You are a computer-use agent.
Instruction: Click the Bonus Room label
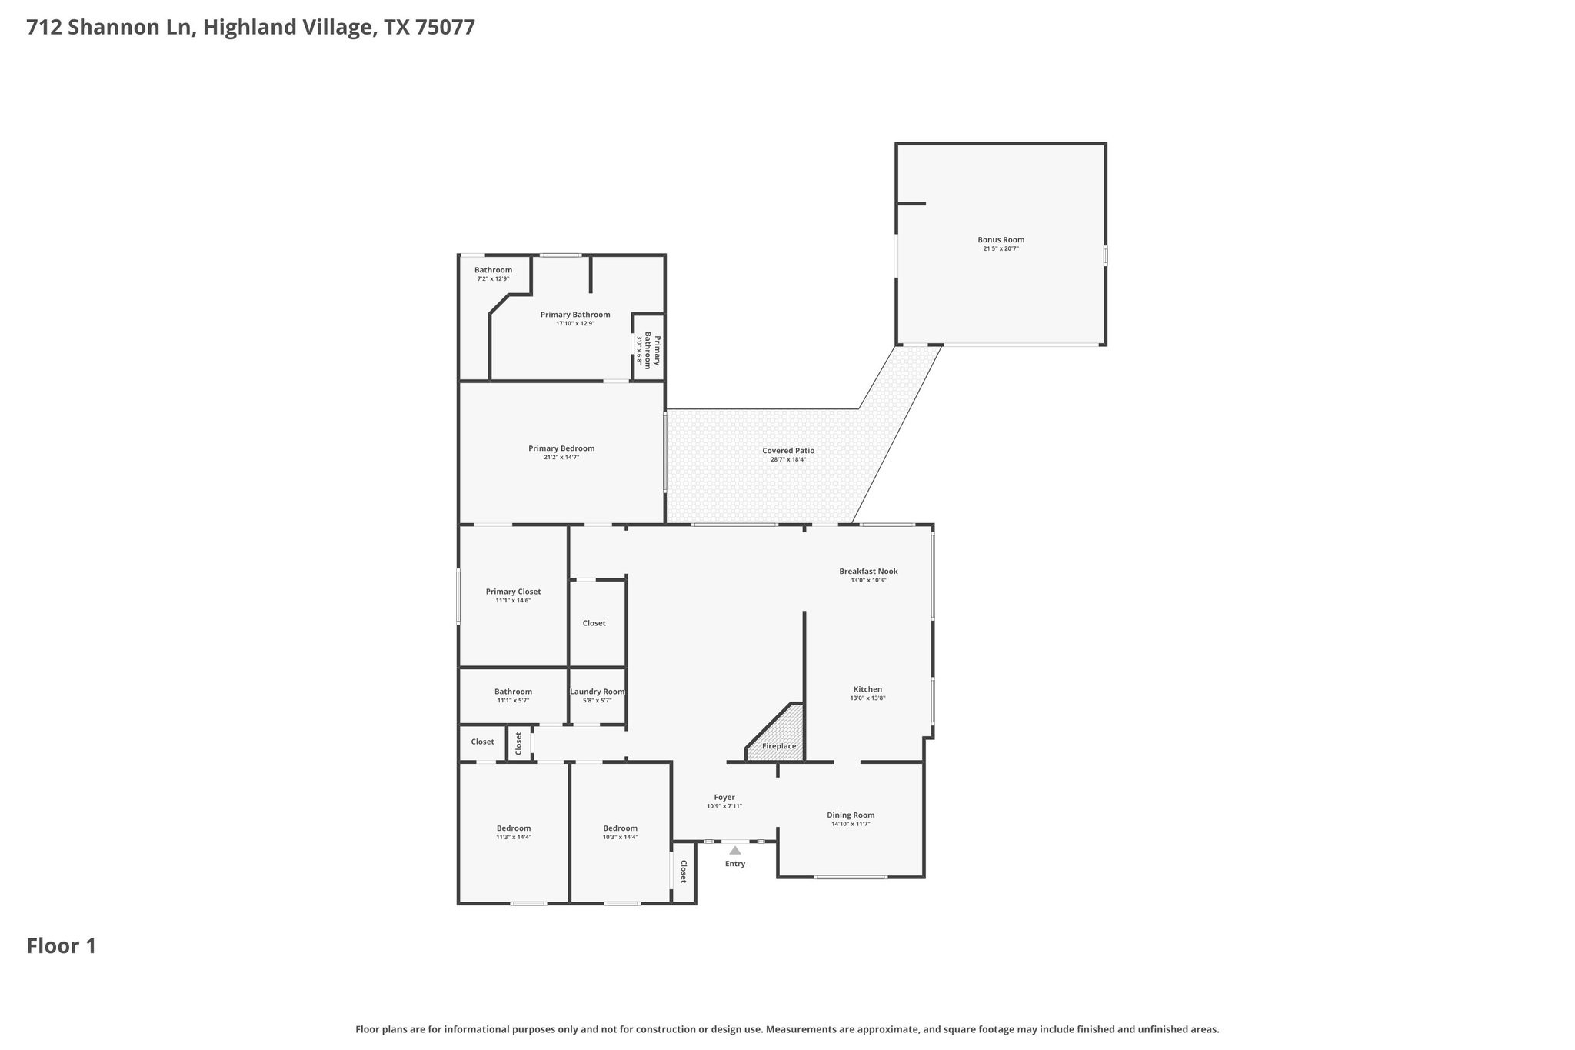(x=1001, y=240)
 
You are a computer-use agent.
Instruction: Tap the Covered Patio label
(x=787, y=451)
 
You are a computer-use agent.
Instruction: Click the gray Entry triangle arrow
(x=734, y=850)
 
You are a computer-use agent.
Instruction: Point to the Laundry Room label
(x=597, y=692)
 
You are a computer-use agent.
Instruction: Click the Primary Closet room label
(x=513, y=592)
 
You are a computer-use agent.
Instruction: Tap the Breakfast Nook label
(x=867, y=572)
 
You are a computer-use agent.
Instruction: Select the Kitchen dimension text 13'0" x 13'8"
(x=867, y=698)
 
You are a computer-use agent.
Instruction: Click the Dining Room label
(x=851, y=815)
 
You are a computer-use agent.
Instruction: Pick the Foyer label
(x=724, y=798)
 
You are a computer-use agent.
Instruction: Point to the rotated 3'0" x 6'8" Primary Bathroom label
(x=648, y=350)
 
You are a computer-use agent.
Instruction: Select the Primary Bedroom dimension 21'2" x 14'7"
(x=561, y=458)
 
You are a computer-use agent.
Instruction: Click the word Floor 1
(x=62, y=945)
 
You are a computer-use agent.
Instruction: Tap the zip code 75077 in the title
(x=445, y=28)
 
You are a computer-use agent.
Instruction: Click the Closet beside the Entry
(x=683, y=871)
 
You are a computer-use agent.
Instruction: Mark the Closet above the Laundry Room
(x=594, y=623)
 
